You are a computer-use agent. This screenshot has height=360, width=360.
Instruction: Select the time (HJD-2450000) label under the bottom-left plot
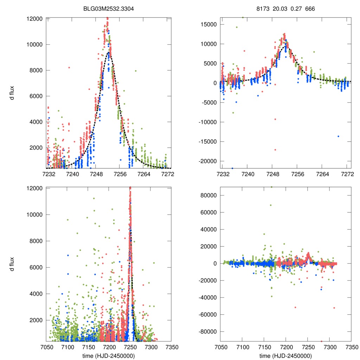click(109, 355)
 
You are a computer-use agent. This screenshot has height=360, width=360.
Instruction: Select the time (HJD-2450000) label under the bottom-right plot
click(285, 355)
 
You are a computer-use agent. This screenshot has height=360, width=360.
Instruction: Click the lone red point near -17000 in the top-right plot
click(275, 150)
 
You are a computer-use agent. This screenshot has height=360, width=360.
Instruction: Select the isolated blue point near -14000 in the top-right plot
click(338, 136)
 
